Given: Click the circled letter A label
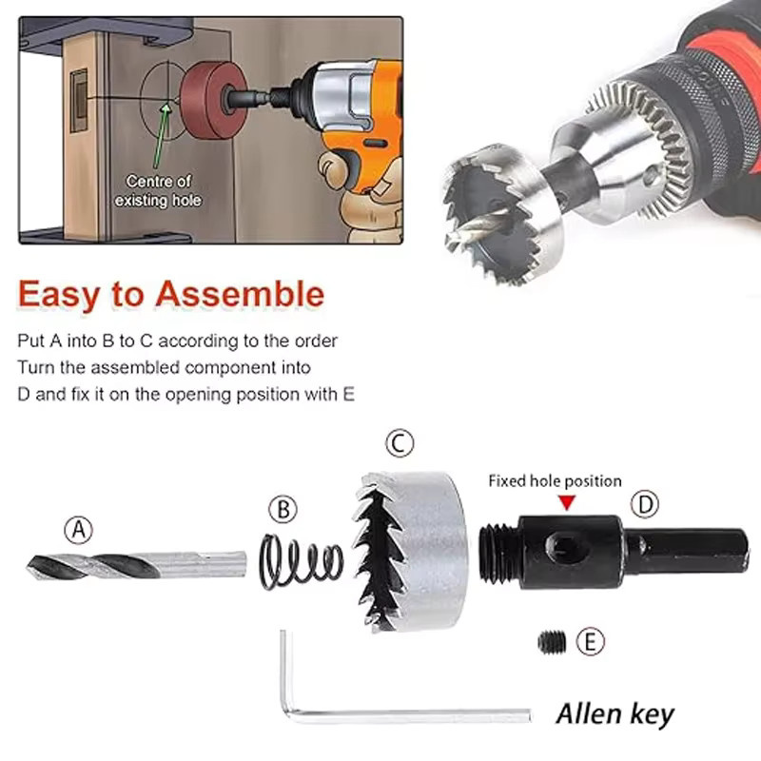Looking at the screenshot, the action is pyautogui.click(x=79, y=530).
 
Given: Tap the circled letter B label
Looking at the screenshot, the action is pyautogui.click(x=283, y=509).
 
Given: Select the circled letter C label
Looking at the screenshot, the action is pyautogui.click(x=400, y=443).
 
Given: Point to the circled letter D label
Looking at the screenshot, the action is pyautogui.click(x=645, y=504).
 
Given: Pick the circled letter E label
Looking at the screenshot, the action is pyautogui.click(x=590, y=641).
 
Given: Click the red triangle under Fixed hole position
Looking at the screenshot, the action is pyautogui.click(x=567, y=503).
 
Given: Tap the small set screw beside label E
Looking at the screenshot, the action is pyautogui.click(x=552, y=642).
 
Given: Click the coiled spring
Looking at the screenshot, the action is pyautogui.click(x=302, y=561).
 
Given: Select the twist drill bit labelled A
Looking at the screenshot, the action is pyautogui.click(x=136, y=566).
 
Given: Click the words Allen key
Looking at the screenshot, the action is pyautogui.click(x=615, y=714).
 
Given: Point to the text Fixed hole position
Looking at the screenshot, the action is pyautogui.click(x=555, y=481).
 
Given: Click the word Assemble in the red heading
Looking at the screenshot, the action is pyautogui.click(x=240, y=294).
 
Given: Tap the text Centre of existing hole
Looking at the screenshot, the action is pyautogui.click(x=158, y=191).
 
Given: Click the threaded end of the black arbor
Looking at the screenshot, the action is pyautogui.click(x=498, y=553).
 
